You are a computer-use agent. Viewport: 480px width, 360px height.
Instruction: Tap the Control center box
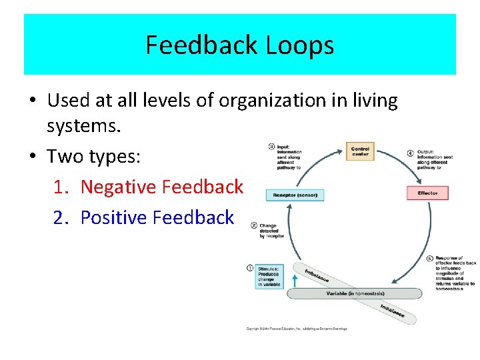[360, 151]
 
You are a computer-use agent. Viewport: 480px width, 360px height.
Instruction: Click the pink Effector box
[427, 193]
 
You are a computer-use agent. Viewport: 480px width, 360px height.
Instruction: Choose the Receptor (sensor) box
[295, 195]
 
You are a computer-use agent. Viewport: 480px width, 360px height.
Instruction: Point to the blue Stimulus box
[268, 276]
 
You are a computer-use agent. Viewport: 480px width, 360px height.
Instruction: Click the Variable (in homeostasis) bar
[355, 293]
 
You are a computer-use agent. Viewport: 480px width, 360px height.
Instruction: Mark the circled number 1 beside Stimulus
[250, 268]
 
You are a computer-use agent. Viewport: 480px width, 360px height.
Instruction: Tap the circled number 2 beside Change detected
[254, 225]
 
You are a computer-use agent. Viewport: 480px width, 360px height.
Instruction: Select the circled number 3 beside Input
[271, 146]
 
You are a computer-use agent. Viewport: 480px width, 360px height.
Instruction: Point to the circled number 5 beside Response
[429, 258]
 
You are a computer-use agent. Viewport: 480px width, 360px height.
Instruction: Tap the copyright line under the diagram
[297, 329]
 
